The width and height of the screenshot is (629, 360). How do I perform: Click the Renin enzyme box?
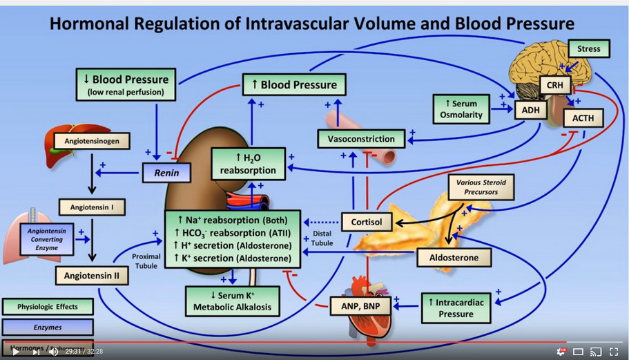tap(166, 173)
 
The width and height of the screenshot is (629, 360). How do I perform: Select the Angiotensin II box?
tap(92, 275)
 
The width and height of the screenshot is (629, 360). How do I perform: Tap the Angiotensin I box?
tap(92, 206)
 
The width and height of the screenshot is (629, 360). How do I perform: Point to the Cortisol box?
tap(367, 222)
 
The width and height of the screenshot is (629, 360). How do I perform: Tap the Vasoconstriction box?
tap(361, 139)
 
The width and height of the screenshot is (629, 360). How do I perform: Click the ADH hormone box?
tap(530, 108)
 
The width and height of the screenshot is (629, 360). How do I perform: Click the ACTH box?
tap(583, 117)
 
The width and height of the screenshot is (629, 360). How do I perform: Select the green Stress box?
tap(588, 49)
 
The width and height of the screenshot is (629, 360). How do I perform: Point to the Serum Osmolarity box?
tap(464, 109)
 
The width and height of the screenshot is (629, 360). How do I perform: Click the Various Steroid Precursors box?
tap(481, 187)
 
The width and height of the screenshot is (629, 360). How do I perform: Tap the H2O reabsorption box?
tap(248, 164)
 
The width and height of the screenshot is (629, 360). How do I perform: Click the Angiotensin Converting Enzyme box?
tap(46, 239)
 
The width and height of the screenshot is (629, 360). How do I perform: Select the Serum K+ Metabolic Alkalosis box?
tap(232, 301)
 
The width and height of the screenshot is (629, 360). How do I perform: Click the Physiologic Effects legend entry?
tap(48, 306)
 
